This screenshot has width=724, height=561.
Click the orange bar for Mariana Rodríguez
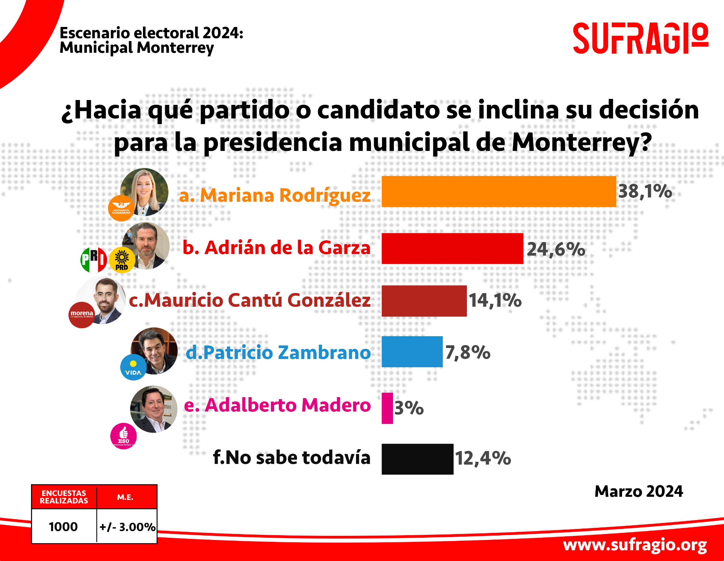(x=499, y=192)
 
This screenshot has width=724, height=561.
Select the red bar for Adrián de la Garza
(x=452, y=248)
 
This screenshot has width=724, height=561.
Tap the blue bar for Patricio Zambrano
(x=412, y=352)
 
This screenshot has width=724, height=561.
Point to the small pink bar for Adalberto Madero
(x=387, y=408)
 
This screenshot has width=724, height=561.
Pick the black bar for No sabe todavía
(x=417, y=459)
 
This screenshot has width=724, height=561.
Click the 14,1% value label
(x=495, y=300)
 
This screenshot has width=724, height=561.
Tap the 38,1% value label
(x=645, y=192)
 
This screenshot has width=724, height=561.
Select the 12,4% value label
(x=483, y=458)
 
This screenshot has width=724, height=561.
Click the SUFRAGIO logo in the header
(x=640, y=38)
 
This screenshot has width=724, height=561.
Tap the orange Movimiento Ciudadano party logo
(x=122, y=208)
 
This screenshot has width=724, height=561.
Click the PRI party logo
(x=94, y=260)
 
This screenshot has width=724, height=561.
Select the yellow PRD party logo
(x=122, y=260)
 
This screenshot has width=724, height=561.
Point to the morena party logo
(x=82, y=315)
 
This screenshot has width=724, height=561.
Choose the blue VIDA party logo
(x=133, y=367)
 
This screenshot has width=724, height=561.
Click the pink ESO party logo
(x=123, y=436)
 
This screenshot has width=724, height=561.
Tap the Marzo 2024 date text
(x=639, y=492)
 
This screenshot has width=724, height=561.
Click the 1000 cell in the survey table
(x=64, y=527)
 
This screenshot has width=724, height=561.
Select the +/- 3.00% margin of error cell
(x=127, y=527)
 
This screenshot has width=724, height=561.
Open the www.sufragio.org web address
(x=635, y=545)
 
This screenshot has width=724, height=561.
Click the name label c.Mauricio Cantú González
(x=249, y=300)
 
